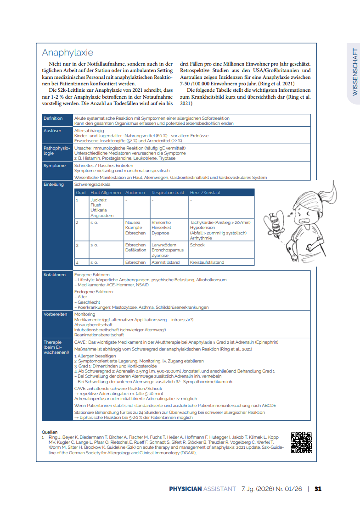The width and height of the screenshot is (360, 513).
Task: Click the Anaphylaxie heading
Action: click(x=67, y=53)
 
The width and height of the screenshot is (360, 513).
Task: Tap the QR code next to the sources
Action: click(x=301, y=442)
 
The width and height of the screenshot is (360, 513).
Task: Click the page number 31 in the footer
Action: click(x=318, y=489)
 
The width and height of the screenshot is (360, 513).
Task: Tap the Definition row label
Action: click(x=53, y=118)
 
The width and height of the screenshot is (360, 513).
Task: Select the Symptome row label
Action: click(x=54, y=166)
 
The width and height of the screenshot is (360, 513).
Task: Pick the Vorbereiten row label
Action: click(x=56, y=314)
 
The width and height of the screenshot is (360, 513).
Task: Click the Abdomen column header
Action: click(x=135, y=193)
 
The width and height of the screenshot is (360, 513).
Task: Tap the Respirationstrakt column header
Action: click(x=168, y=193)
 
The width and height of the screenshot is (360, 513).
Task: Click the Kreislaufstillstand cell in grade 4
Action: click(x=207, y=262)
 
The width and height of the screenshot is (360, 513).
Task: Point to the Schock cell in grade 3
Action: click(x=197, y=245)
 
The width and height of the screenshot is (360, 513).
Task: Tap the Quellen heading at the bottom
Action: click(x=50, y=432)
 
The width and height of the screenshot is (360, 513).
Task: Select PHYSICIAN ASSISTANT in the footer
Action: click(x=202, y=489)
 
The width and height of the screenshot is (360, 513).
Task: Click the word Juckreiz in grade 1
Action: click(x=98, y=201)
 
